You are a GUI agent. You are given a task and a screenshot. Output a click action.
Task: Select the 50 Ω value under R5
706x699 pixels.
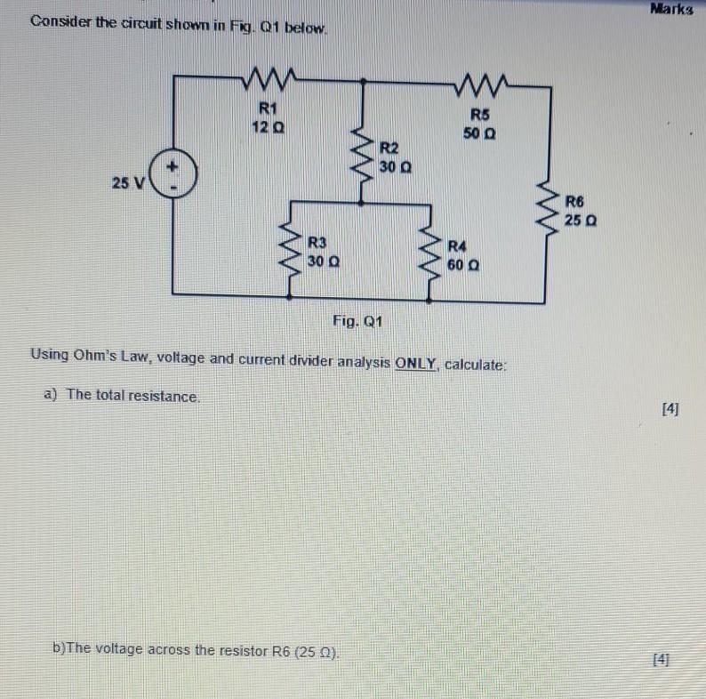[x=479, y=134]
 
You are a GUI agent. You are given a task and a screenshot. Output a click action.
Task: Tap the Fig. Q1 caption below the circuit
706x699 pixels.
[x=357, y=321]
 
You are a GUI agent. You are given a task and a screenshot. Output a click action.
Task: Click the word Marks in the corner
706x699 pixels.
[x=670, y=10]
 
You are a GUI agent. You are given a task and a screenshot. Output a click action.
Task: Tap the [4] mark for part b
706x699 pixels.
[x=660, y=659]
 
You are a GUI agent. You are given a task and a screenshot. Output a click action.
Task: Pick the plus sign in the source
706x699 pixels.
[x=174, y=165]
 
